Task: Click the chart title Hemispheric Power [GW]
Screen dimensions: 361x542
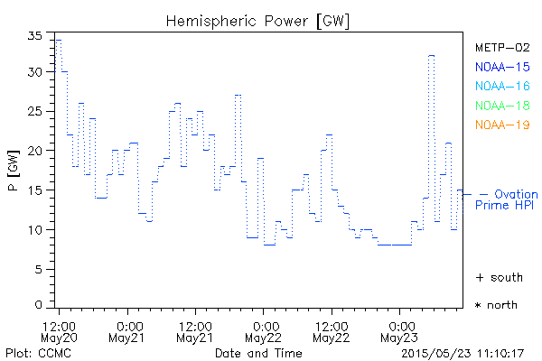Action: (257, 20)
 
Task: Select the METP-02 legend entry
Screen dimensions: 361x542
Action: (501, 47)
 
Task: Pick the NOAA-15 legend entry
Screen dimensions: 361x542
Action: (501, 66)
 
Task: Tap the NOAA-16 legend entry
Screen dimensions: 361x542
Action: (501, 86)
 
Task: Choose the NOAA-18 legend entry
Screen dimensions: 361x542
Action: (501, 106)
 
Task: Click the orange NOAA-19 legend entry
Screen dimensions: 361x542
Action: (501, 125)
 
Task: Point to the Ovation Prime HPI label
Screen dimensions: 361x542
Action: (507, 199)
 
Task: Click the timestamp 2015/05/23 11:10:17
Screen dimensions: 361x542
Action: (463, 353)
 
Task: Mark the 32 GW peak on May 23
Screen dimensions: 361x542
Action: (432, 55)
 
